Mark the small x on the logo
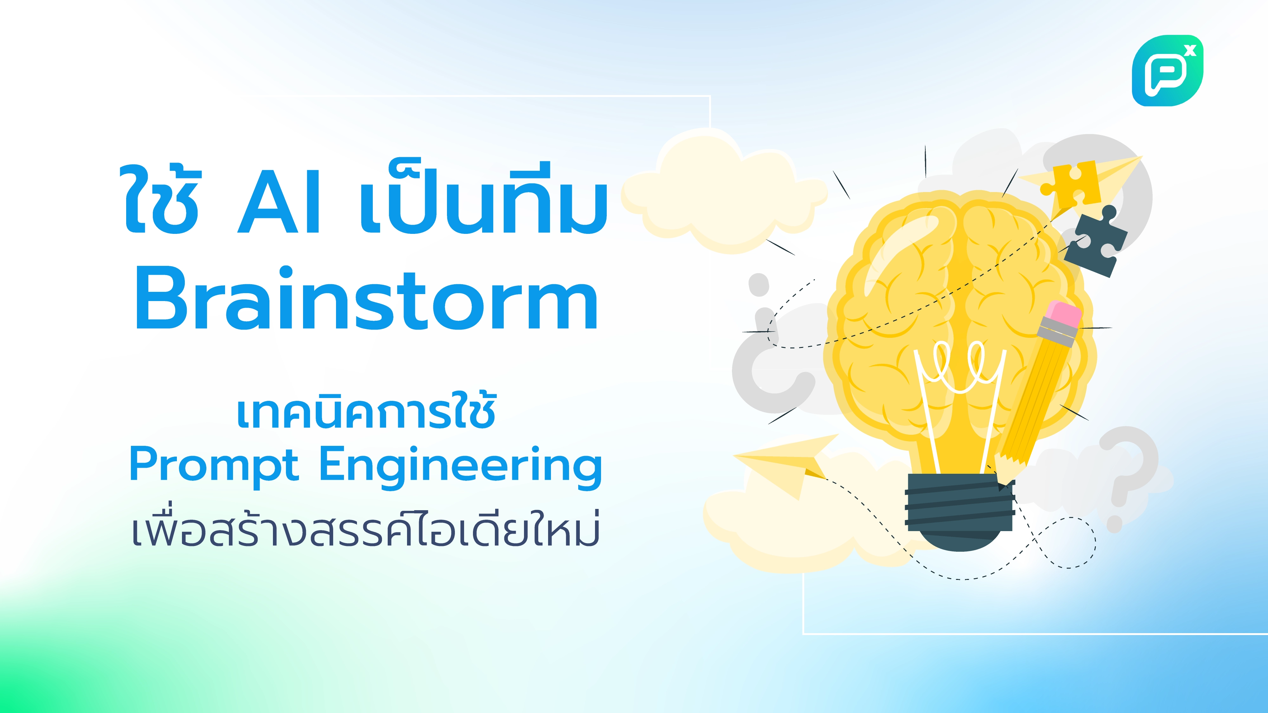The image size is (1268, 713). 1190,50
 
